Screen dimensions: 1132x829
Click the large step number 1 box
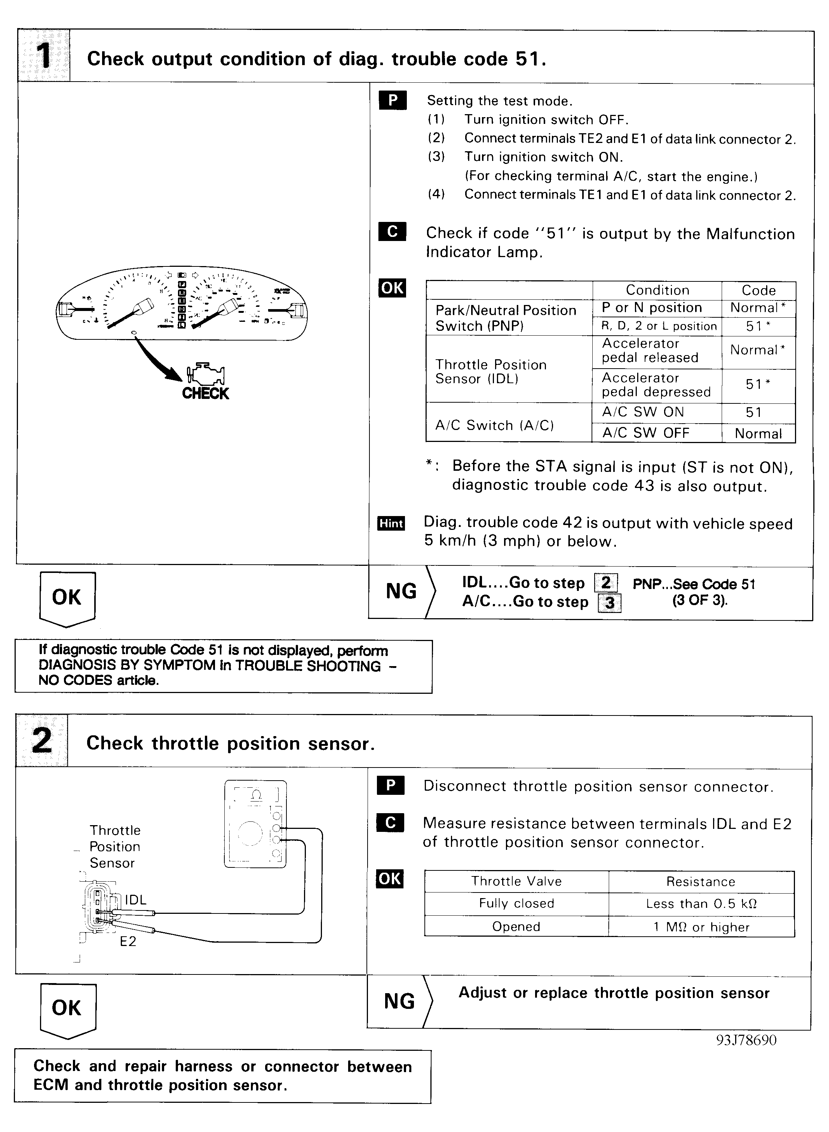[44, 56]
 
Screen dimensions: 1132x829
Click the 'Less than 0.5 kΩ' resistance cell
[701, 904]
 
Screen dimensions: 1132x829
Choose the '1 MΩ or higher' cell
[701, 927]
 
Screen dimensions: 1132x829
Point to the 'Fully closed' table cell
[516, 903]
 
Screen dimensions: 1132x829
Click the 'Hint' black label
[391, 523]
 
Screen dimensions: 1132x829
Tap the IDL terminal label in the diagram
[135, 900]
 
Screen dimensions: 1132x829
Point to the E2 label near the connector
[128, 941]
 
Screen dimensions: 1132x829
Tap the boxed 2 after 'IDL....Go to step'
[606, 583]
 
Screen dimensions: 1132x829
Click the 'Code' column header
[758, 290]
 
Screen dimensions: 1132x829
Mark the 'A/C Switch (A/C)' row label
[494, 425]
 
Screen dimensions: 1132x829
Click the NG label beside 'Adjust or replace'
[399, 1001]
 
